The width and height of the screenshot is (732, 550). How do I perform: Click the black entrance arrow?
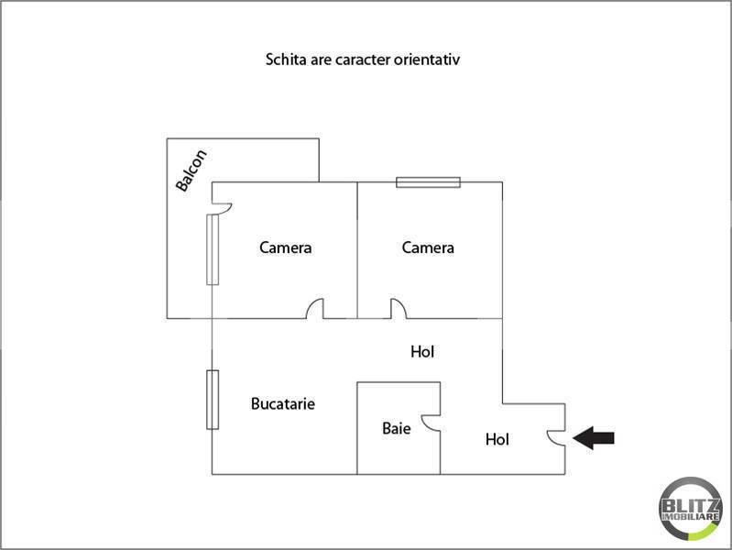(594, 438)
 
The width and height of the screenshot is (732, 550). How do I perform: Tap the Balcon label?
(191, 170)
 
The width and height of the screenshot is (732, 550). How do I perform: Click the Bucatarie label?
(283, 403)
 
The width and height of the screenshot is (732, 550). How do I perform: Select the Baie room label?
(397, 428)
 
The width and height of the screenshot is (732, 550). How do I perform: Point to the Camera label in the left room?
(286, 247)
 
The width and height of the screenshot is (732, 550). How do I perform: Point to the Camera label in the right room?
(428, 247)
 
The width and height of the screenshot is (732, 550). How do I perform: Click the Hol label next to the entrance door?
(497, 439)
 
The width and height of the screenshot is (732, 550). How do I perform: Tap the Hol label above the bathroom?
(422, 352)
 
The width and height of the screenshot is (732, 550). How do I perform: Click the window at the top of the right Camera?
(428, 182)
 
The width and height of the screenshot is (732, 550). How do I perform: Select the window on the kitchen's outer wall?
(213, 400)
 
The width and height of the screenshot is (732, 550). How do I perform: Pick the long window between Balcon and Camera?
(213, 249)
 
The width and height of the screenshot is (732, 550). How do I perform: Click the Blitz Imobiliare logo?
(691, 509)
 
